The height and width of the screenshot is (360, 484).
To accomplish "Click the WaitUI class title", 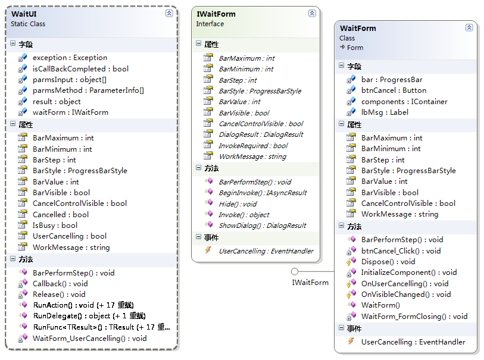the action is [x=24, y=14].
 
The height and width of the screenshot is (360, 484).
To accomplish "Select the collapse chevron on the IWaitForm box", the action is [x=312, y=13].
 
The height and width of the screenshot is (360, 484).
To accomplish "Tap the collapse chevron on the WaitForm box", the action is [x=469, y=27].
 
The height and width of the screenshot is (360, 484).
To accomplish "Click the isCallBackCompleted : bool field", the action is [x=80, y=69].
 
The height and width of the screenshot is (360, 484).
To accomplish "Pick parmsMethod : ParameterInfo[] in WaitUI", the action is [x=88, y=90].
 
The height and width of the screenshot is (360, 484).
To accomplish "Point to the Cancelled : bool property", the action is [x=61, y=214].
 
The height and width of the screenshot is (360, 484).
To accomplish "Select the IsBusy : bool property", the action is [x=55, y=226].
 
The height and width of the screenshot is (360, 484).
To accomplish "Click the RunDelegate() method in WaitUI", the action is [x=89, y=316].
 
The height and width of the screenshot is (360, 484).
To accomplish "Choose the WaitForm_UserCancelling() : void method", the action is [x=90, y=339].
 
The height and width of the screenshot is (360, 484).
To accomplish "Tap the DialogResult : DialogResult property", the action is [x=261, y=134].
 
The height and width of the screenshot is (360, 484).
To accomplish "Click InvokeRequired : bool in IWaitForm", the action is [x=253, y=146].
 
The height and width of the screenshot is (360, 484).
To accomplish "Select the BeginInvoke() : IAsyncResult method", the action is [x=263, y=193].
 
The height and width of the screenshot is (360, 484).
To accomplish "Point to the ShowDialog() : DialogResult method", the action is [x=263, y=226].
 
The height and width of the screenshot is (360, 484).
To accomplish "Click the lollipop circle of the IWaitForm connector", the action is [x=295, y=271].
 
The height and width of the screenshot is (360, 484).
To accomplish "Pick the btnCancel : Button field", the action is [x=394, y=90].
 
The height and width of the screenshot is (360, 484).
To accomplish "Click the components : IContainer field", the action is [x=404, y=102].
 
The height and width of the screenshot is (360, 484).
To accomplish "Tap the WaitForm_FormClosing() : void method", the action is [x=414, y=316].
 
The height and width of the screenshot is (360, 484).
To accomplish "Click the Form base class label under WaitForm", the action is [x=355, y=48].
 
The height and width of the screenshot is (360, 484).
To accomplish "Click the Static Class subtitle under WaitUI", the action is [x=28, y=24].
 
